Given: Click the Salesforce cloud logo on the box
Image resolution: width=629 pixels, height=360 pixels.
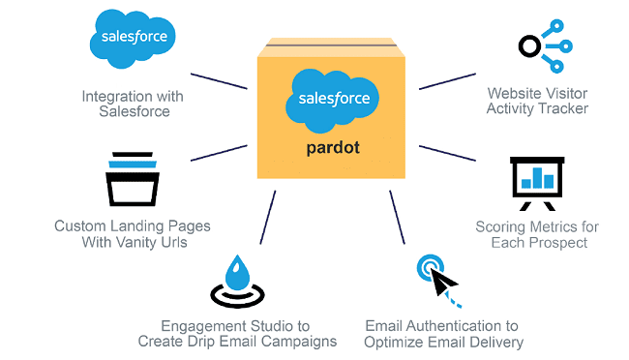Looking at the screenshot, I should [x=329, y=100].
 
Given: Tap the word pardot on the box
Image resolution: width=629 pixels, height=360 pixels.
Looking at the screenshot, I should [x=329, y=148].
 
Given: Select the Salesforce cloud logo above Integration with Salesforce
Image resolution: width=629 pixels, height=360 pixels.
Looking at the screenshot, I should [x=134, y=40].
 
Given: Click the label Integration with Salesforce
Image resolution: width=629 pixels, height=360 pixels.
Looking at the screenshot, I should [x=134, y=104].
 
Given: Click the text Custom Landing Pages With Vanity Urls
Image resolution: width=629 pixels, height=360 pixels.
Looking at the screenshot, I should [x=133, y=234].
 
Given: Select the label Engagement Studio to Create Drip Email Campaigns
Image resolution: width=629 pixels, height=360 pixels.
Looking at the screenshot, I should [x=237, y=334].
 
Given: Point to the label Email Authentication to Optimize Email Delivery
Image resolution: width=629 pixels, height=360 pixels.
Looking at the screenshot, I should [x=443, y=334].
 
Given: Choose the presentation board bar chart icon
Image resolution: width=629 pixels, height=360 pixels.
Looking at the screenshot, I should [x=537, y=180].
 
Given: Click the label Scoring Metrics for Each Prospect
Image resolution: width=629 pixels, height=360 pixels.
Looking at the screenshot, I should [x=537, y=234].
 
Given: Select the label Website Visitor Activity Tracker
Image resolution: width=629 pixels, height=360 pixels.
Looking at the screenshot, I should [x=537, y=102].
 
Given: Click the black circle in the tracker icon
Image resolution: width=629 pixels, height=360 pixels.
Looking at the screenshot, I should [x=529, y=45].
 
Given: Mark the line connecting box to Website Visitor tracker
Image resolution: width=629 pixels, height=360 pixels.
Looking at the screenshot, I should [x=447, y=79].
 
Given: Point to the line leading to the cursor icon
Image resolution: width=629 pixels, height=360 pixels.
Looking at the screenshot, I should [x=398, y=219].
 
